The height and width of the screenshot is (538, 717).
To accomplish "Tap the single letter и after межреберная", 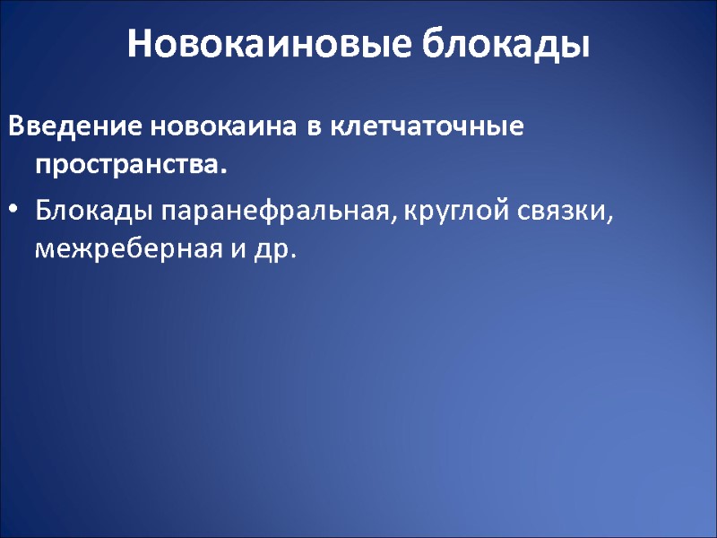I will [x=238, y=251].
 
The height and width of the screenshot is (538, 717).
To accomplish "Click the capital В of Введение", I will [x=15, y=128].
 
